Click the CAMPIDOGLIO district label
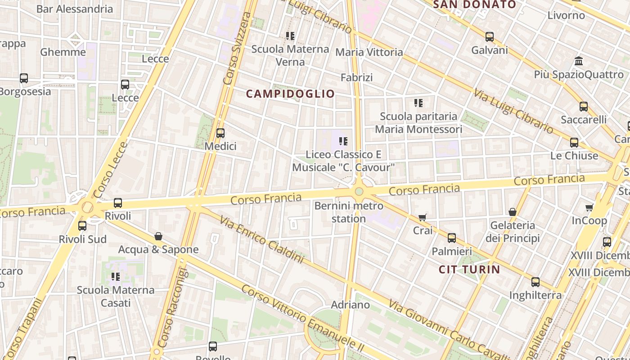(x=290, y=94)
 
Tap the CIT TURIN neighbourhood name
(x=469, y=270)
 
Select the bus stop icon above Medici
(x=220, y=133)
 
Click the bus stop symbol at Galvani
(x=489, y=37)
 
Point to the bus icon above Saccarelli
(x=583, y=107)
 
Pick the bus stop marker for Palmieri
(x=451, y=238)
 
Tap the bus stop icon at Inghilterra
(x=535, y=282)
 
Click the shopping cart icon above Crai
(x=422, y=217)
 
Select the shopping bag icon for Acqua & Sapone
(x=158, y=236)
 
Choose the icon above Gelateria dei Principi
(x=512, y=212)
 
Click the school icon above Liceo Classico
(x=343, y=141)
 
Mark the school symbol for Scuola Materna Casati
(x=115, y=276)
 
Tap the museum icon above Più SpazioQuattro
(x=579, y=61)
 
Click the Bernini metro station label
(x=349, y=212)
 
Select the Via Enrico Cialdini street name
(x=261, y=238)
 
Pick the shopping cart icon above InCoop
(x=589, y=207)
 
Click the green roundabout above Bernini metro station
(x=359, y=192)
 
